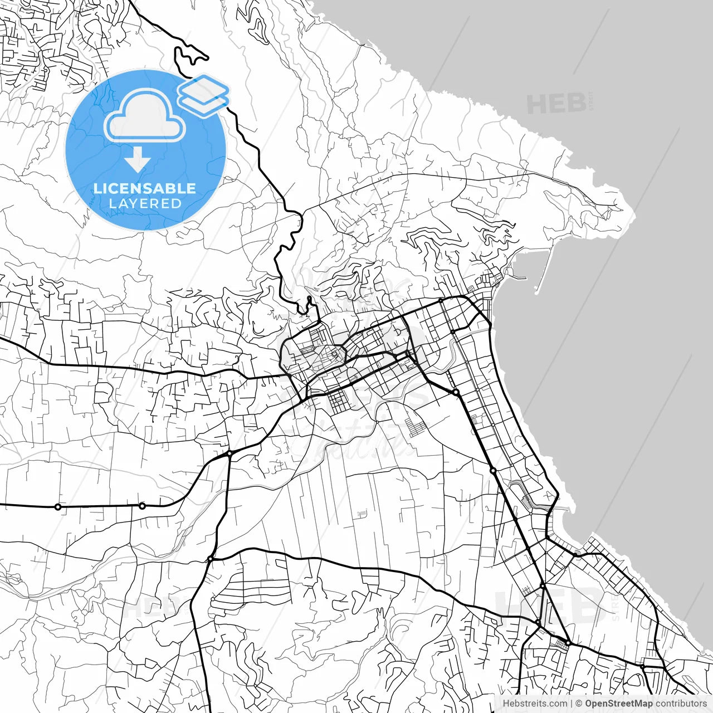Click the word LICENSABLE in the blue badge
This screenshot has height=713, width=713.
click(x=145, y=188)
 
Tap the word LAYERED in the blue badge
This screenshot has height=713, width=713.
click(x=145, y=204)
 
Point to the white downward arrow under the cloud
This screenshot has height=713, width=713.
click(x=137, y=161)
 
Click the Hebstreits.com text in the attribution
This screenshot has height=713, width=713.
click(x=535, y=704)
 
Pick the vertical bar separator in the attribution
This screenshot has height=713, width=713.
click(x=572, y=704)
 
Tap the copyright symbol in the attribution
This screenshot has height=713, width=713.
click(x=579, y=704)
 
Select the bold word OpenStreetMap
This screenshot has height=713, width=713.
click(x=618, y=704)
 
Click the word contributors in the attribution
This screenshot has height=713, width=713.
click(x=681, y=704)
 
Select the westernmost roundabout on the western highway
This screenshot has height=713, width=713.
click(x=57, y=507)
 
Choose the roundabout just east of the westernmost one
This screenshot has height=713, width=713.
click(x=142, y=506)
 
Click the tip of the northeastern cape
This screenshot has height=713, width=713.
click(x=632, y=212)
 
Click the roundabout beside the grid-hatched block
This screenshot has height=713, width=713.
click(x=568, y=643)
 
